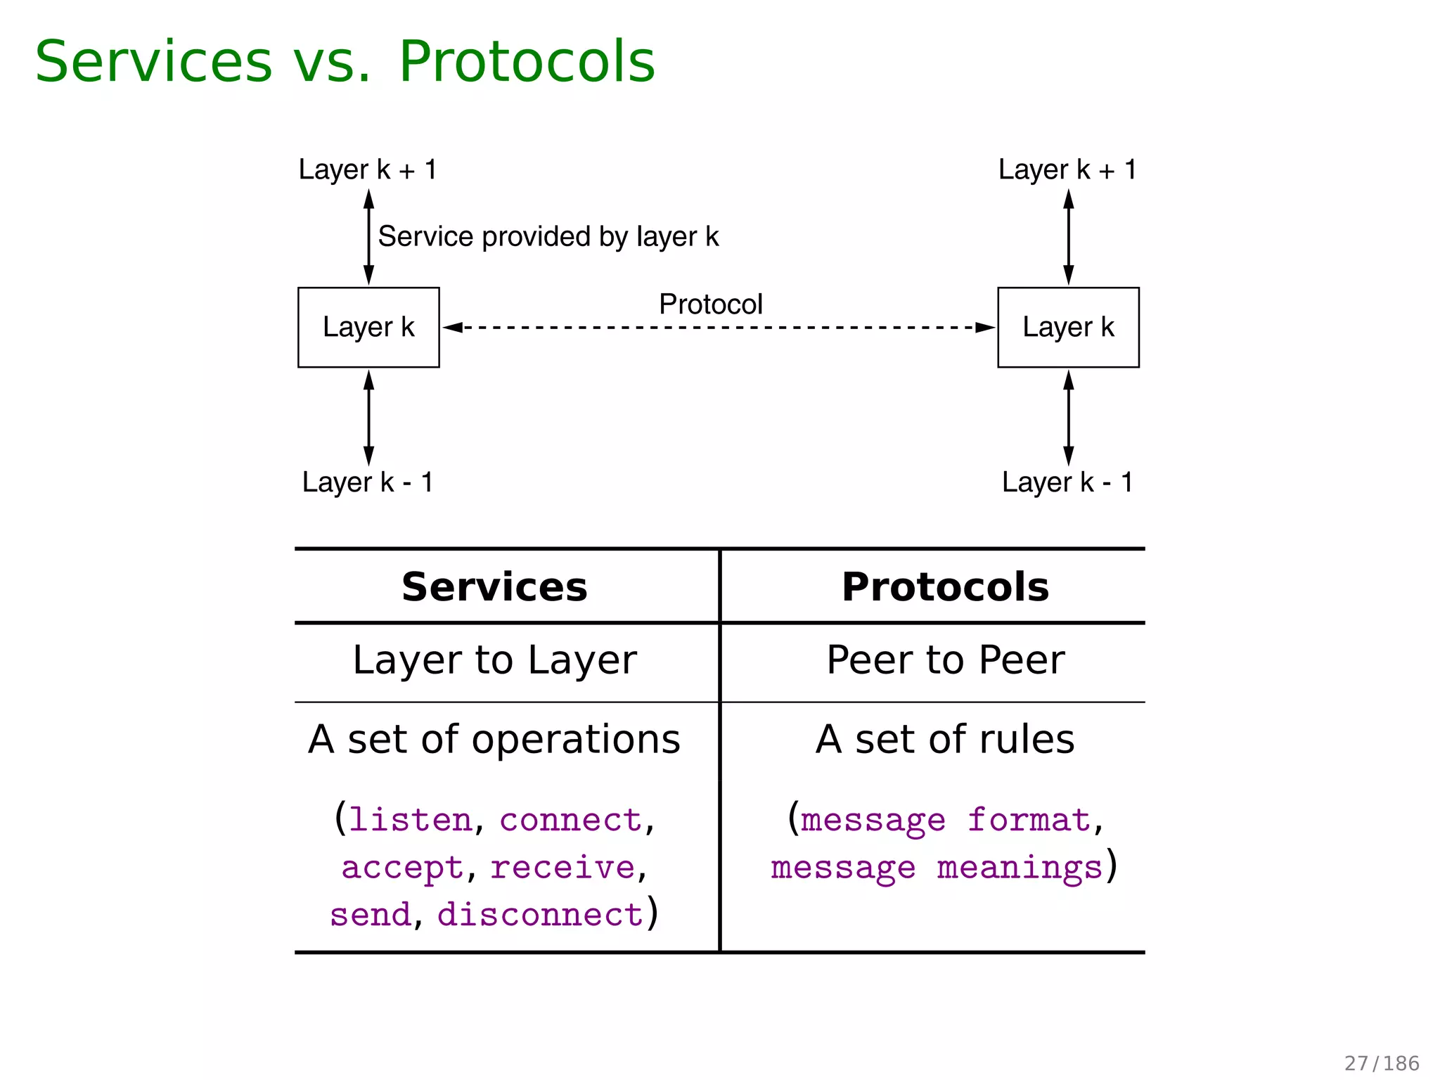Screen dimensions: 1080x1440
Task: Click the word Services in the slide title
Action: point(153,62)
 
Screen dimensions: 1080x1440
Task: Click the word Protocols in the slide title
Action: point(527,62)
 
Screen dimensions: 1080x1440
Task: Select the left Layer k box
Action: point(368,327)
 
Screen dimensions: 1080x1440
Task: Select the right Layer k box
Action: point(1068,327)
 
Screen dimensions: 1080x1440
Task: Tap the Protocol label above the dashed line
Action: point(710,304)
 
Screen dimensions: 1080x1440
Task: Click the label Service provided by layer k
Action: point(548,237)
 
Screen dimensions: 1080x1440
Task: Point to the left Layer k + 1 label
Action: point(368,170)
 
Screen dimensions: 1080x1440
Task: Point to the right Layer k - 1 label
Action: point(1067,482)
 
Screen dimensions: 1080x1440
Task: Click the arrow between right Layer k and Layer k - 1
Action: point(1068,418)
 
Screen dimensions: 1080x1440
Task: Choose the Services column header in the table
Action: point(494,587)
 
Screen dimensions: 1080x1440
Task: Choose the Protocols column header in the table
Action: point(945,587)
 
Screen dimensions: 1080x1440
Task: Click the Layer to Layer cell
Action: point(494,661)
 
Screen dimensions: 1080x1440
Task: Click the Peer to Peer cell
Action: point(945,660)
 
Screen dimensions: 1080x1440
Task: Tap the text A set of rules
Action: point(945,740)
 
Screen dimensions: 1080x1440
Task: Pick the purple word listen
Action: point(411,821)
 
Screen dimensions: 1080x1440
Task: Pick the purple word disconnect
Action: point(540,915)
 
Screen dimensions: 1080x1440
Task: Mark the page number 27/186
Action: point(1382,1063)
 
